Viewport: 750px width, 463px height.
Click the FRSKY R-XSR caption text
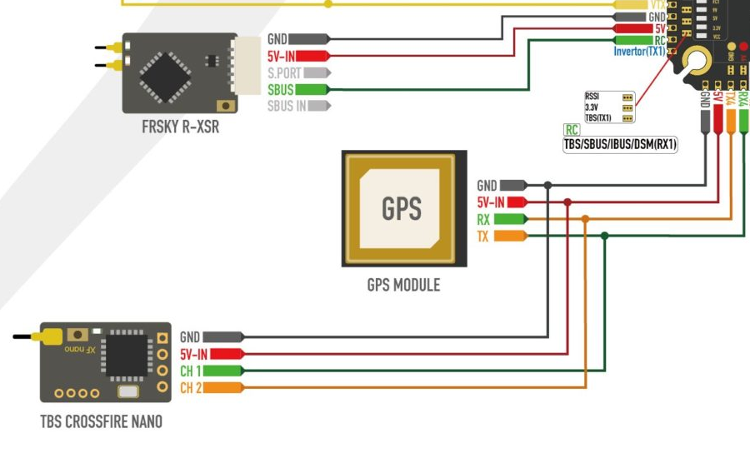click(x=180, y=129)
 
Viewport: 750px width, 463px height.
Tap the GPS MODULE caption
click(x=403, y=286)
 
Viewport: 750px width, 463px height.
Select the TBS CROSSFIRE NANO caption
click(x=101, y=421)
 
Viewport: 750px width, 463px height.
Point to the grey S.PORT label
click(x=284, y=73)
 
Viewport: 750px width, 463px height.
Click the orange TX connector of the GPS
click(x=509, y=236)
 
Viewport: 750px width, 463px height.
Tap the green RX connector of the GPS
click(x=509, y=220)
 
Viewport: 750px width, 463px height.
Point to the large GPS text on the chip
click(x=401, y=208)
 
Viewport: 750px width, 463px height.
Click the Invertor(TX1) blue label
click(x=639, y=52)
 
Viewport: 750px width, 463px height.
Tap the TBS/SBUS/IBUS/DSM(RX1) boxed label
click(x=621, y=145)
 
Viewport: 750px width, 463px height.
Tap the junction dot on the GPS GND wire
click(x=547, y=185)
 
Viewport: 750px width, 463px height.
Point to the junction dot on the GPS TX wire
click(x=605, y=236)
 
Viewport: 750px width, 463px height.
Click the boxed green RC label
click(x=572, y=130)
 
